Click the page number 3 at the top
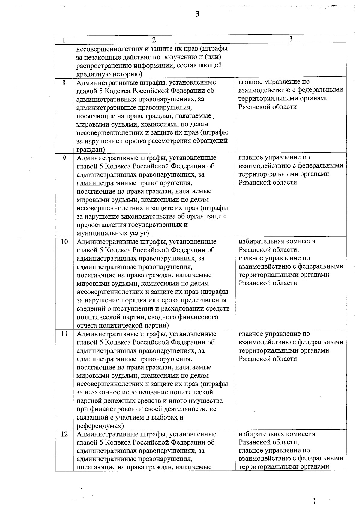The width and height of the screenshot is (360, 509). (x=197, y=14)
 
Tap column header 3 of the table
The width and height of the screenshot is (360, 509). (x=290, y=39)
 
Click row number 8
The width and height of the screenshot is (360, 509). (x=64, y=82)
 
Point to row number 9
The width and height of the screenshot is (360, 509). (x=64, y=158)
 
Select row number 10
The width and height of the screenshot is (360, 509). (x=64, y=242)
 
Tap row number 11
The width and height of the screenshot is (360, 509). (x=64, y=334)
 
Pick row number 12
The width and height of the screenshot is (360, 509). (x=64, y=434)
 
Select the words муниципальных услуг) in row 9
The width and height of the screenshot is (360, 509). (x=113, y=233)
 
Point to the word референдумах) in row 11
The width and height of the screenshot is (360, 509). (x=100, y=426)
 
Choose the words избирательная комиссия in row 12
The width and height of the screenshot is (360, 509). (x=277, y=434)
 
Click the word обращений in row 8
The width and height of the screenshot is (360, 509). (x=213, y=141)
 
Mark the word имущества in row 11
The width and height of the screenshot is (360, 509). (x=207, y=401)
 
